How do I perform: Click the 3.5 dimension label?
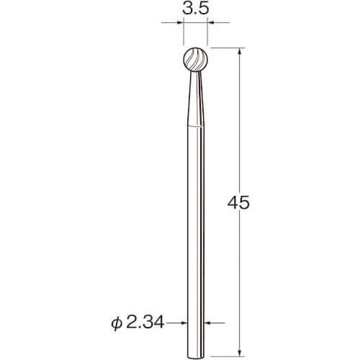coord(196,9)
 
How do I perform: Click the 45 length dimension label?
coord(238,204)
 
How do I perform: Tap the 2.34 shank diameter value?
coord(145,323)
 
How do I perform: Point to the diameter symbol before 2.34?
coord(117,323)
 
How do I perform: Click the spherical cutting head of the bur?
coord(196,60)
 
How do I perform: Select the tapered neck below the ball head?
coord(196,99)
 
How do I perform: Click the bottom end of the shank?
coord(196,359)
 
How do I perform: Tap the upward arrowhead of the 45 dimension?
coord(240,51)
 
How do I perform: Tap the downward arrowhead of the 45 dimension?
coord(240,353)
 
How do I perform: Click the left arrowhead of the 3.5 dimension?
coord(180,23)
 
